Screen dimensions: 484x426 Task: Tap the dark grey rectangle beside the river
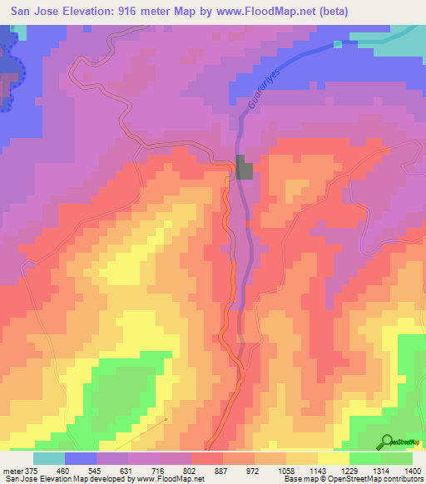pyautogui.click(x=244, y=167)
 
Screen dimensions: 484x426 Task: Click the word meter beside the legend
pyautogui.click(x=12, y=470)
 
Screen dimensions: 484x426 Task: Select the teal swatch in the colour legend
pyautogui.click(x=49, y=458)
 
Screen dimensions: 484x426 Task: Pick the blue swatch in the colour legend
pyautogui.click(x=81, y=458)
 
